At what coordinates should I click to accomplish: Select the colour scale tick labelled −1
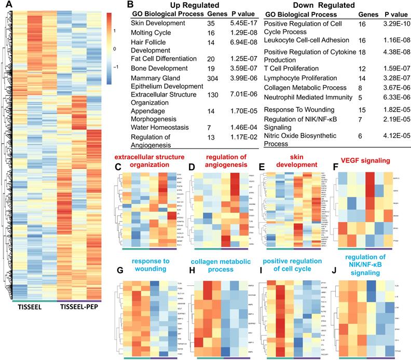114,67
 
